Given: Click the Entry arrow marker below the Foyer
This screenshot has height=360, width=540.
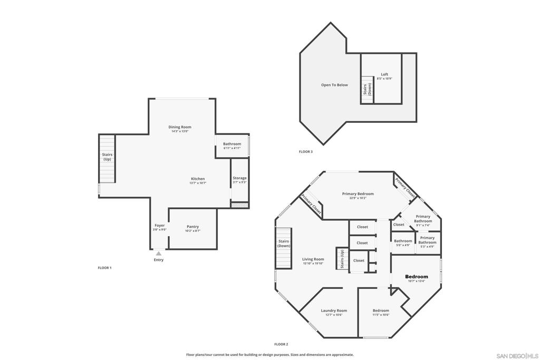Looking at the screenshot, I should (x=158, y=254).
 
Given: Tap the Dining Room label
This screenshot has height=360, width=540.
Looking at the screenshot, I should (x=180, y=127).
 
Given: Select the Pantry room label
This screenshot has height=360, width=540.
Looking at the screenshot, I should (x=192, y=227).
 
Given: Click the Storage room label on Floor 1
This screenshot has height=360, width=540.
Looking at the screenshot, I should (x=239, y=178).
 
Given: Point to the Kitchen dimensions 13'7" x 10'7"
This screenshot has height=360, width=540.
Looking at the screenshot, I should (x=198, y=183).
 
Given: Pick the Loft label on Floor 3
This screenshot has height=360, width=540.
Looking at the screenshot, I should (x=384, y=74).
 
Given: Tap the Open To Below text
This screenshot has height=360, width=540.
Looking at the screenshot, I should (x=334, y=85).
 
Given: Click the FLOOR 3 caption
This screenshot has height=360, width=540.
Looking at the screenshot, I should (x=306, y=152).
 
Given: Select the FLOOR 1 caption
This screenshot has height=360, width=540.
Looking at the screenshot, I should (x=104, y=268).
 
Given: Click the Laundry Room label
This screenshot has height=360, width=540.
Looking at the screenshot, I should (x=334, y=310).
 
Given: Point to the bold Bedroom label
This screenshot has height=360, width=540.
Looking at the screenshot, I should (x=416, y=277).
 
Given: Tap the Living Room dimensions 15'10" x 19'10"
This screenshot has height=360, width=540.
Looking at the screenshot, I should (x=313, y=264).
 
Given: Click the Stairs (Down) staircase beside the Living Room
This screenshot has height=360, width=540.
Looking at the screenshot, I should (x=284, y=248).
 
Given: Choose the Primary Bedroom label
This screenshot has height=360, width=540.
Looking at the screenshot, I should (x=358, y=194).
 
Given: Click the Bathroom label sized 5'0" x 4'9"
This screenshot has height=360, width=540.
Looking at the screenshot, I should (x=403, y=241).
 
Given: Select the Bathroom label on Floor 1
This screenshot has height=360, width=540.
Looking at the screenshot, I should (x=232, y=144).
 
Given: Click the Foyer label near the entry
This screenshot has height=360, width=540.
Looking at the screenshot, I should (x=159, y=226).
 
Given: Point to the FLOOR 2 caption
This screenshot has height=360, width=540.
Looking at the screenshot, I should (x=281, y=344).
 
